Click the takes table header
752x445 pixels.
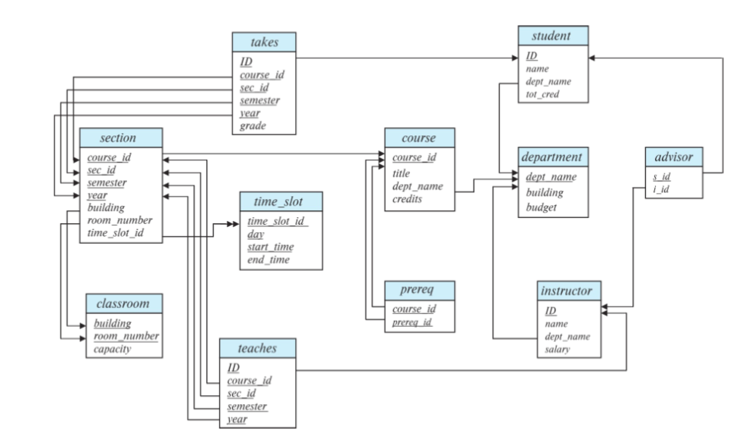[x=264, y=42]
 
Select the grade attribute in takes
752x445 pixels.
[x=253, y=126]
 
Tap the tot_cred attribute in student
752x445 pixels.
[x=542, y=94]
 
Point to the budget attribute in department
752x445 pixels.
[x=541, y=207]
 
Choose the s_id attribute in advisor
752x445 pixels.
[x=661, y=176]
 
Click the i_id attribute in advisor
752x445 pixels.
[x=661, y=189]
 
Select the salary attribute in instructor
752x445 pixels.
[x=558, y=349]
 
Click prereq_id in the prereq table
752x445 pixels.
[x=412, y=322]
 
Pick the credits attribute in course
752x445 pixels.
[x=407, y=199]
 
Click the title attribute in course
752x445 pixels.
[x=401, y=173]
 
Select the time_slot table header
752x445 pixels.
[x=281, y=201]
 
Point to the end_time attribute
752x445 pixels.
[x=268, y=260]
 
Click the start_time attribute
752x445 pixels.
[x=271, y=247]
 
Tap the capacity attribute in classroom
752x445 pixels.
[x=112, y=349]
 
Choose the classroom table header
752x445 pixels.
[x=124, y=303]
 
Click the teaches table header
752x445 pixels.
[x=257, y=348]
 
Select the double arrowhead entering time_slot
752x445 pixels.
[x=233, y=224]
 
